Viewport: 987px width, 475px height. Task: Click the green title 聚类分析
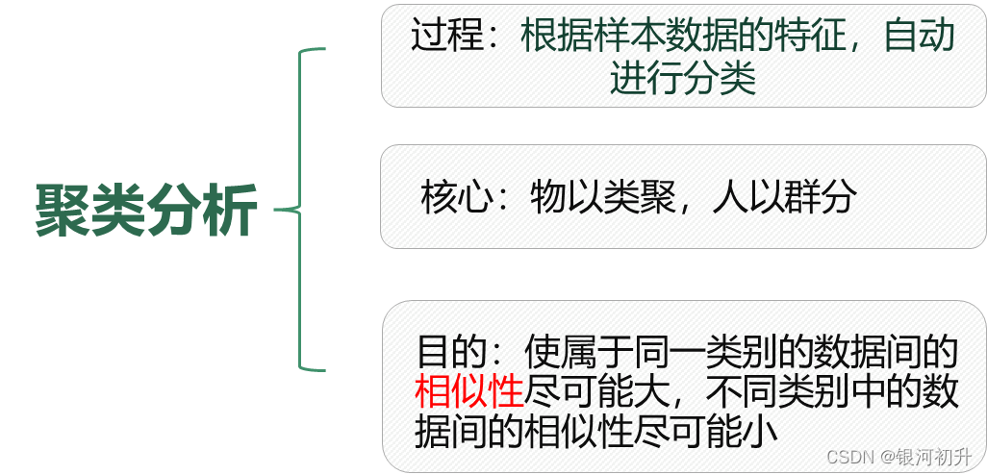pyautogui.click(x=146, y=211)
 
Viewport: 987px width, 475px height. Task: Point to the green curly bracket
pyautogui.click(x=299, y=209)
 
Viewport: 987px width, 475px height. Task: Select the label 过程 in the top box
pyautogui.click(x=447, y=36)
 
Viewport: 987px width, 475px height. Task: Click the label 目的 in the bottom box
pyautogui.click(x=452, y=352)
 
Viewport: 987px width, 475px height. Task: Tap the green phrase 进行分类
pyautogui.click(x=683, y=79)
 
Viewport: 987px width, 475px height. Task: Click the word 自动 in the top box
pyautogui.click(x=920, y=36)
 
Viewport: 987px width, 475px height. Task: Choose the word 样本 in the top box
pyautogui.click(x=629, y=36)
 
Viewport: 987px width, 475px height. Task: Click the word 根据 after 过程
pyautogui.click(x=556, y=36)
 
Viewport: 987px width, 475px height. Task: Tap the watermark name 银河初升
pyautogui.click(x=943, y=456)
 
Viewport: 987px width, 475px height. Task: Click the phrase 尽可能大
pyautogui.click(x=597, y=392)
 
